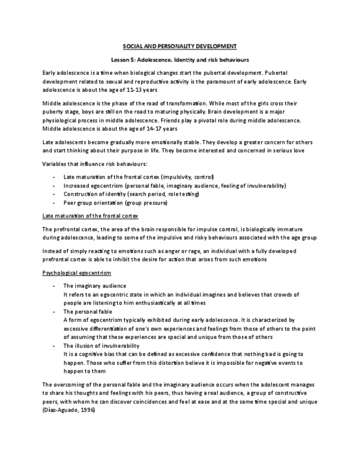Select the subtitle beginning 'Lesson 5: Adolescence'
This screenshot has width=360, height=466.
[x=180, y=59]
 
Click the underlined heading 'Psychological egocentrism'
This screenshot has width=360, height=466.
[x=76, y=273]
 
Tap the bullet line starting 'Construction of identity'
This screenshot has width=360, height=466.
[x=131, y=194]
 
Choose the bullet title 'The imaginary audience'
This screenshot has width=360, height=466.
[x=95, y=286]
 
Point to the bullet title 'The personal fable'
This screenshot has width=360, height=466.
[x=87, y=311]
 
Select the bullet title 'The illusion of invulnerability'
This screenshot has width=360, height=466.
[x=101, y=346]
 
